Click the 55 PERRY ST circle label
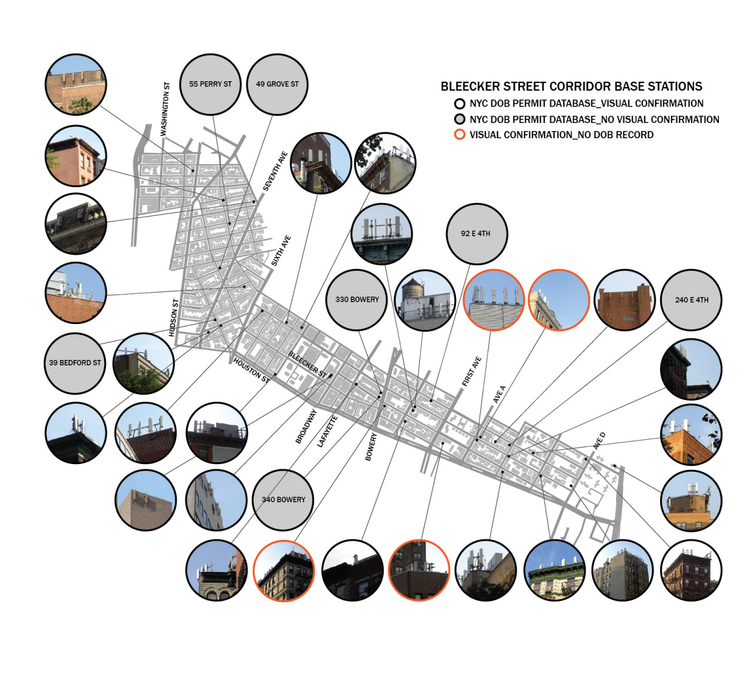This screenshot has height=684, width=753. (210, 84)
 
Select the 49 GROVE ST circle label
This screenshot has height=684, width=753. (277, 84)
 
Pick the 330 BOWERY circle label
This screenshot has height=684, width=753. (357, 299)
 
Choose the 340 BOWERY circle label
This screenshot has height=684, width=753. (284, 499)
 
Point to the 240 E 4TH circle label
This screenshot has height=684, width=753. (691, 299)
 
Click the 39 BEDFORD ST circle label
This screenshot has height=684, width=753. (75, 363)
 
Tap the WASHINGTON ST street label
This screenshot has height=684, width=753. (165, 109)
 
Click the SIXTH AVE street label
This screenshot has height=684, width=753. (281, 251)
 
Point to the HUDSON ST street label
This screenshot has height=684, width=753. (173, 318)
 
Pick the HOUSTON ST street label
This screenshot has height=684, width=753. (252, 370)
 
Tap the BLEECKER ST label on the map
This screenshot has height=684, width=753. (308, 364)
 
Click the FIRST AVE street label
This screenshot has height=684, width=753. (471, 371)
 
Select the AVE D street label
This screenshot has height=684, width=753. (599, 441)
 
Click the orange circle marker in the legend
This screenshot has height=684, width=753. (459, 135)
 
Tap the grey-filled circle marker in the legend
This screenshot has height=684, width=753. (459, 119)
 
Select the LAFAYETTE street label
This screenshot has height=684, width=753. (327, 431)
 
